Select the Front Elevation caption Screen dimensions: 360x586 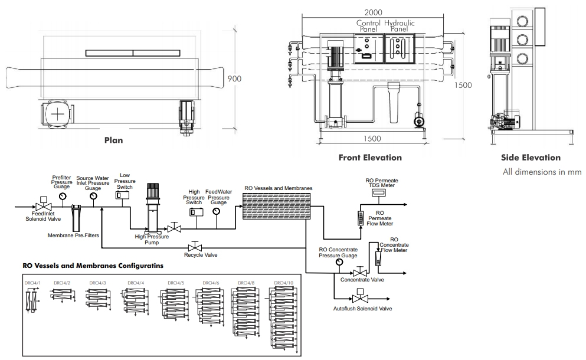[370, 158]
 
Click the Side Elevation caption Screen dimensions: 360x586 [531, 158]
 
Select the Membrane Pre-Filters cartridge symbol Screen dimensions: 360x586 [76, 217]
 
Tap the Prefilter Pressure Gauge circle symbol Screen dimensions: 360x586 [61, 196]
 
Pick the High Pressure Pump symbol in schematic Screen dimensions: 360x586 [152, 210]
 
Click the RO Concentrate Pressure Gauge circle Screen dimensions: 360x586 [339, 261]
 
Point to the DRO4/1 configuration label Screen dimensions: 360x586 [32, 283]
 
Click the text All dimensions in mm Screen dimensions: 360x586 [542, 171]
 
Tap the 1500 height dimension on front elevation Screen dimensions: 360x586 [464, 85]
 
